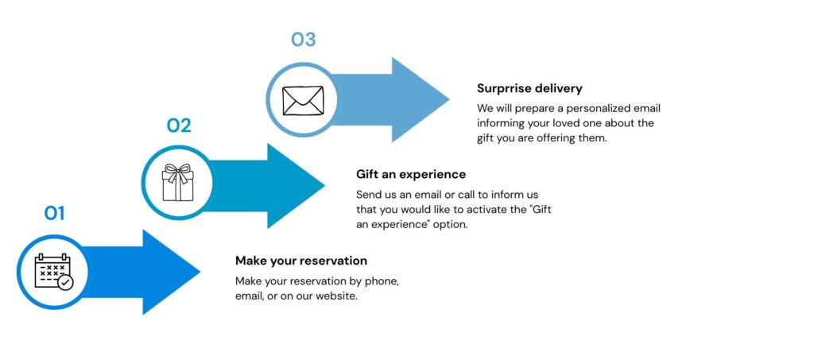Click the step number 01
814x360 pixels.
coord(54,213)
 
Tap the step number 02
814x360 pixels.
coord(179,126)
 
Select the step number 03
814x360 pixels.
coord(303,40)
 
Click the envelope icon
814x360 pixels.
coord(303,101)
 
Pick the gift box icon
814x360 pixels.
coord(178,184)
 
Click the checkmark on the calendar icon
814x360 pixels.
coord(65,282)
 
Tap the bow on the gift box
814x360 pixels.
coord(178,170)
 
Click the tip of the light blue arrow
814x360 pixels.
coord(449,99)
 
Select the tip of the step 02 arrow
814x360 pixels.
coord(324,186)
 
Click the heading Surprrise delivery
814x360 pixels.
coord(529,88)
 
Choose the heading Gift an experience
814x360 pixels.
coord(411,174)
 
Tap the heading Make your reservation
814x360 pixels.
coord(301,261)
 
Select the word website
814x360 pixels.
coord(339,296)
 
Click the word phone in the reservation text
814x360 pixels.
coord(382,281)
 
